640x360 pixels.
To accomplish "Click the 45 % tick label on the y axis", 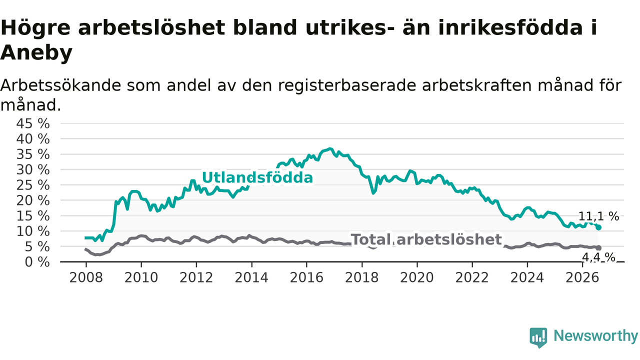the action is (33, 124).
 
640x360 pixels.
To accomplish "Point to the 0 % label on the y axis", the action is (37, 262).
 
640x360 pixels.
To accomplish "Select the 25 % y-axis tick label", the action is (33, 185).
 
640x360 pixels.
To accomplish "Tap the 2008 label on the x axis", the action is (85, 277).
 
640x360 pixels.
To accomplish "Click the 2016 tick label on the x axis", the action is (306, 277).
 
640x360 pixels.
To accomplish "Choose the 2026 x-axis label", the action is (582, 277).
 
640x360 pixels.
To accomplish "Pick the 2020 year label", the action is (417, 277).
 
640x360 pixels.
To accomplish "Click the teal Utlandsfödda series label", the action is (257, 177).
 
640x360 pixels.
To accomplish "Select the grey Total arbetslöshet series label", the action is (426, 239).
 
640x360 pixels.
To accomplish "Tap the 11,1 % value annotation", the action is (598, 216).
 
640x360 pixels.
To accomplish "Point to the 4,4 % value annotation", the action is (598, 257).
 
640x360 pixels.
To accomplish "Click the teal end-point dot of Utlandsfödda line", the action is (598, 227).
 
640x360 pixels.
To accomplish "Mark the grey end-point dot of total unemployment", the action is (598, 247).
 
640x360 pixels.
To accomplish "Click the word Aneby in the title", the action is (36, 53).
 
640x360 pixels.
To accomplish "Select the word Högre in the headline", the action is (35, 28).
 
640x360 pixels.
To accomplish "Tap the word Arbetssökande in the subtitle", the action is (60, 85).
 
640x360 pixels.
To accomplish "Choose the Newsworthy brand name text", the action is (595, 335).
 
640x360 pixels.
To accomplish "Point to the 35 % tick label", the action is (33, 154).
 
